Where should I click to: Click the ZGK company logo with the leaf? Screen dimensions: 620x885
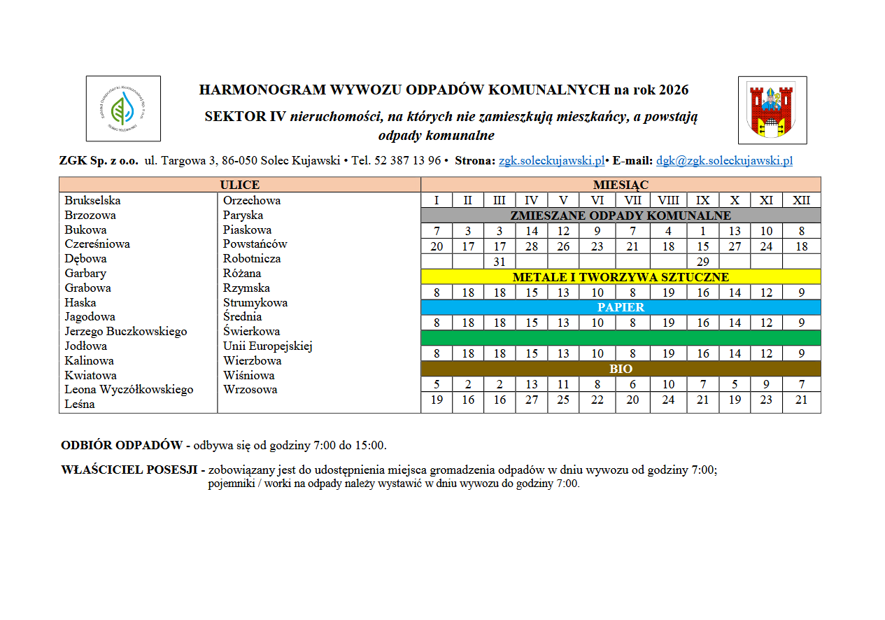[x=123, y=108]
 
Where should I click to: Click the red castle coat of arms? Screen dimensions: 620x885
[x=772, y=111]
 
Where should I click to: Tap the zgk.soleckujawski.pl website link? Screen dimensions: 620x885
[x=551, y=161]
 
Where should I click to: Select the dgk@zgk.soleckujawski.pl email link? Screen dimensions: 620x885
[x=724, y=161]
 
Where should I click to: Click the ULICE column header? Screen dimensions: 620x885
[x=240, y=185]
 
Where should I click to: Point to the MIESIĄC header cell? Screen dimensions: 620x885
[x=621, y=185]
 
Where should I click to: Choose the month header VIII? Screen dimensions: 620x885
[x=668, y=201]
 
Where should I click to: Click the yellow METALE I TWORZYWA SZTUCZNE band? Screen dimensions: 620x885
[x=621, y=277]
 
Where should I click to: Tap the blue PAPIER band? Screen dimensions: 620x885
[x=621, y=307]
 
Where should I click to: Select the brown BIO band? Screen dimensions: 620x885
[x=621, y=369]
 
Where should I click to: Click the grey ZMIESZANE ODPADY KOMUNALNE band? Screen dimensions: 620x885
[x=621, y=216]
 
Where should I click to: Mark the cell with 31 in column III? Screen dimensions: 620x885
[x=500, y=262]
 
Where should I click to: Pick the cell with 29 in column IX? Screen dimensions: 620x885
[x=703, y=262]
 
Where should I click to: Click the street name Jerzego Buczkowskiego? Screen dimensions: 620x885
[x=126, y=332]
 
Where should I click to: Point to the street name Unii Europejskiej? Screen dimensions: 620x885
[x=268, y=346]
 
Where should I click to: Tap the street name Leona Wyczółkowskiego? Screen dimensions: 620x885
[x=129, y=390]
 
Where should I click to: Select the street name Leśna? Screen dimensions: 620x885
[x=79, y=404]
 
